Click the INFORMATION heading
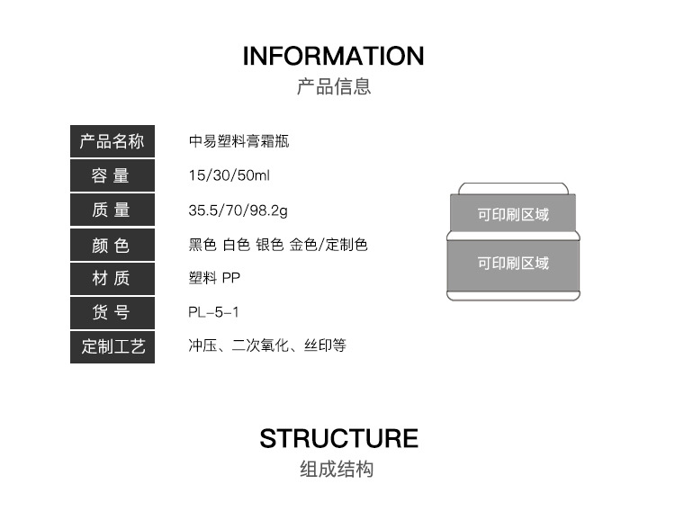333,56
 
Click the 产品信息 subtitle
334,87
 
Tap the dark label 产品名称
112,142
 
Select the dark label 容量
112,176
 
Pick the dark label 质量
112,211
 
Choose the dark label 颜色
112,245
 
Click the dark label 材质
112,279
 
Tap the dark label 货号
112,313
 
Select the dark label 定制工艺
112,347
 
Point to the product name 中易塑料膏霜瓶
238,142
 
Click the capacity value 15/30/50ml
223,176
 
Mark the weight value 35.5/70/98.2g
238,211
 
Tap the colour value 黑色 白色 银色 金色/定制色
278,245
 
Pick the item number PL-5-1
213,313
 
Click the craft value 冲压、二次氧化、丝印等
267,346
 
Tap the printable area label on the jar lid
513,216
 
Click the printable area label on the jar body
513,264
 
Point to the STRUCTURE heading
338,439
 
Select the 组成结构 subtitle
337,470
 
